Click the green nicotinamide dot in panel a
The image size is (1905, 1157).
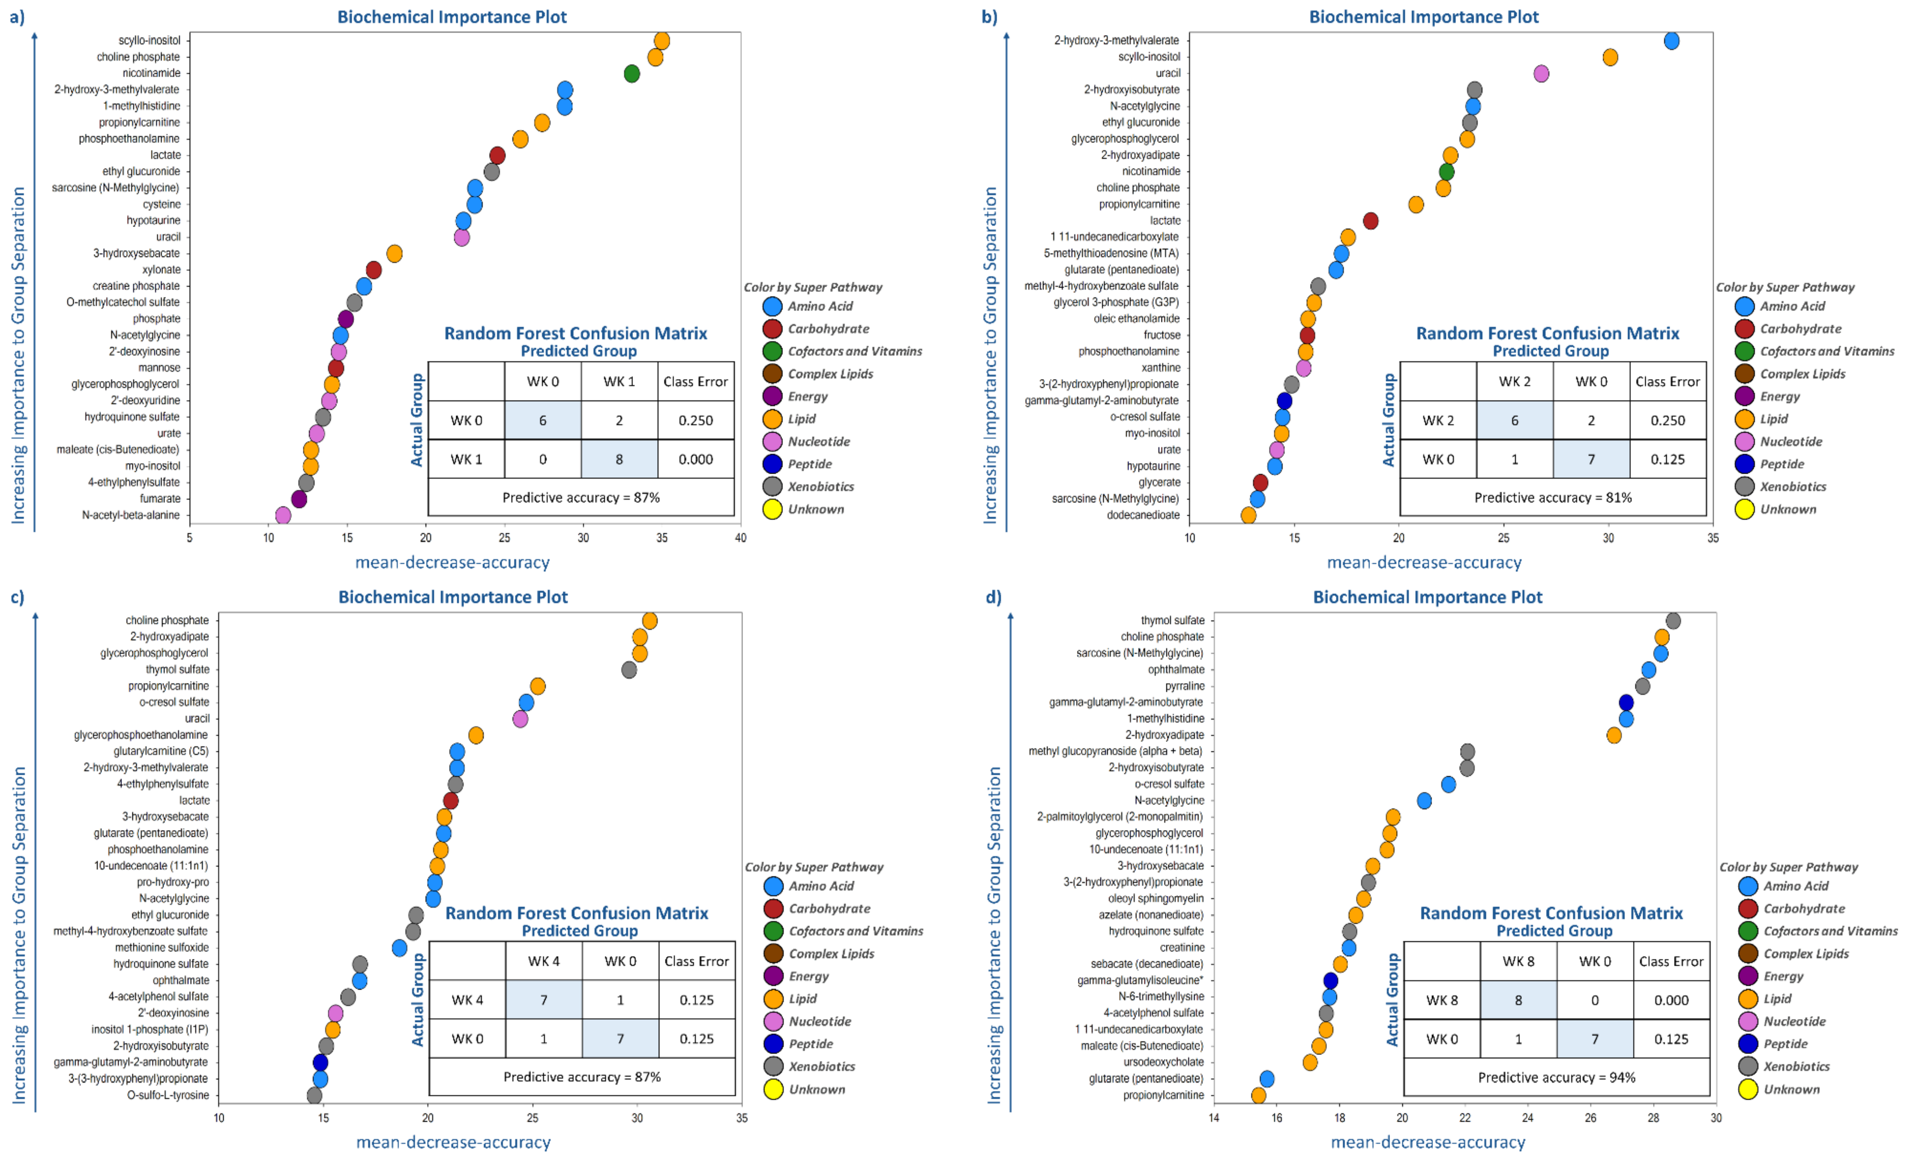coord(632,73)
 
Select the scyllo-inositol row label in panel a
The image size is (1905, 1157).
coord(149,40)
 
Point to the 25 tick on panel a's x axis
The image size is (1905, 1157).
coord(504,537)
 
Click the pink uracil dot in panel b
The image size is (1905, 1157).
coord(1541,73)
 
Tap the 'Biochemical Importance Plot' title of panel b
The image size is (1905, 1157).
coord(1423,17)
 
